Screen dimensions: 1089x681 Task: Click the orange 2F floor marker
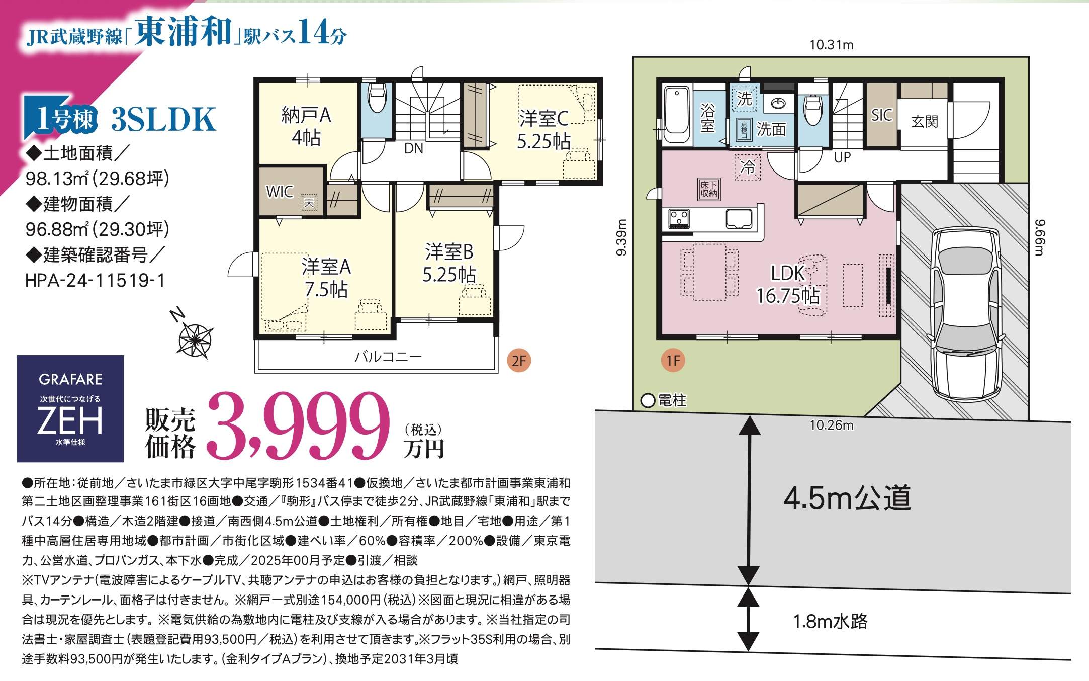tap(519, 360)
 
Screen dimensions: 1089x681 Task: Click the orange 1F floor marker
tap(673, 360)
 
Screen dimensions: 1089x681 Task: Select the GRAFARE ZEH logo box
tap(70, 408)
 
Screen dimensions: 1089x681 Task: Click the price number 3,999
tap(299, 427)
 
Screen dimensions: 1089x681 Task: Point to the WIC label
tap(280, 192)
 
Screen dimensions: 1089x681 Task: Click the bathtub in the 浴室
tap(677, 116)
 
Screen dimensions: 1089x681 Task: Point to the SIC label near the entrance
tap(881, 115)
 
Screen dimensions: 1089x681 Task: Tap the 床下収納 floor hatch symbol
tap(709, 189)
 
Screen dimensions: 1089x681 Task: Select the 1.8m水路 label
tap(831, 622)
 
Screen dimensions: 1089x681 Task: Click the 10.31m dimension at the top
tap(831, 45)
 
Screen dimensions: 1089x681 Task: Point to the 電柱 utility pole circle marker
tap(648, 401)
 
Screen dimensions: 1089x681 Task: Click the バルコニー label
tap(388, 357)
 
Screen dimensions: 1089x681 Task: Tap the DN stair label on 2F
tap(414, 148)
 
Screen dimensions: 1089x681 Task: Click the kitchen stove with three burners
tap(679, 219)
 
